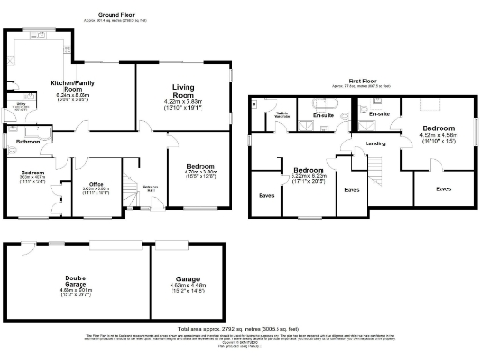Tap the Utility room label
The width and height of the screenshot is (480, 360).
(19, 106)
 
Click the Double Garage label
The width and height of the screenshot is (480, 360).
(75, 278)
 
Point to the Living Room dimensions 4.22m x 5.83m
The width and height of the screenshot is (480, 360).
(183, 105)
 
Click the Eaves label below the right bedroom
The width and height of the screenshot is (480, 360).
(443, 188)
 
